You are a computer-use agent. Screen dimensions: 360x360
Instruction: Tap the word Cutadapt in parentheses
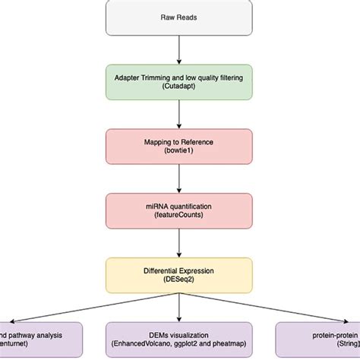click(x=179, y=88)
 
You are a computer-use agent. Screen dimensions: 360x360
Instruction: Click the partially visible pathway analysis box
click(x=38, y=338)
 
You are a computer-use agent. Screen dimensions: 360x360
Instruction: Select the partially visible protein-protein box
click(x=319, y=338)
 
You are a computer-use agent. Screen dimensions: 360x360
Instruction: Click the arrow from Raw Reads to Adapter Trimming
click(x=179, y=49)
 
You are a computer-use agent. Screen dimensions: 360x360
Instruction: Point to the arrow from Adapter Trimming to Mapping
click(x=179, y=115)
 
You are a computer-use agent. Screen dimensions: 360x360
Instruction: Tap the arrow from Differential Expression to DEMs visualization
click(x=179, y=308)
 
